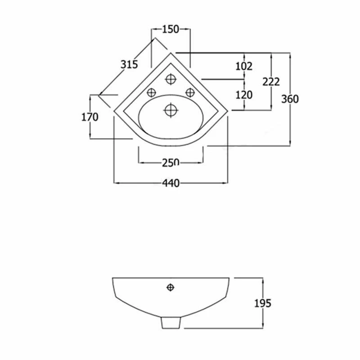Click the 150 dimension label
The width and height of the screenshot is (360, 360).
pyautogui.click(x=171, y=29)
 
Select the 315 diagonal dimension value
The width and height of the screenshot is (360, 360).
pyautogui.click(x=129, y=64)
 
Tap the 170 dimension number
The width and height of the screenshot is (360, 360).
pyautogui.click(x=90, y=117)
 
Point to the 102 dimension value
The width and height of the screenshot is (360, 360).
pyautogui.click(x=244, y=66)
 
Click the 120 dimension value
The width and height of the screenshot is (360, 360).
pyautogui.click(x=244, y=94)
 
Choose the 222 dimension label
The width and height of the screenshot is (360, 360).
pyautogui.click(x=271, y=81)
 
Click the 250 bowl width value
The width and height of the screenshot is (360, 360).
pyautogui.click(x=171, y=162)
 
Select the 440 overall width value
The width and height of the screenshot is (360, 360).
pyautogui.click(x=171, y=183)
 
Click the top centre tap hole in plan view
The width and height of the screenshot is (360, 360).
pyautogui.click(x=171, y=80)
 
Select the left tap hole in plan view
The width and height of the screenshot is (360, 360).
pyautogui.click(x=151, y=92)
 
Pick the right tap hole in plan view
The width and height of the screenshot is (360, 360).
pyautogui.click(x=190, y=92)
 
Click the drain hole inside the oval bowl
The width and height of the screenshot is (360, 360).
pyautogui.click(x=171, y=109)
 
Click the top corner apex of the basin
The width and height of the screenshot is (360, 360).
pyautogui.click(x=171, y=53)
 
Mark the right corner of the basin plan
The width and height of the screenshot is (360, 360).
pyautogui.click(x=228, y=109)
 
